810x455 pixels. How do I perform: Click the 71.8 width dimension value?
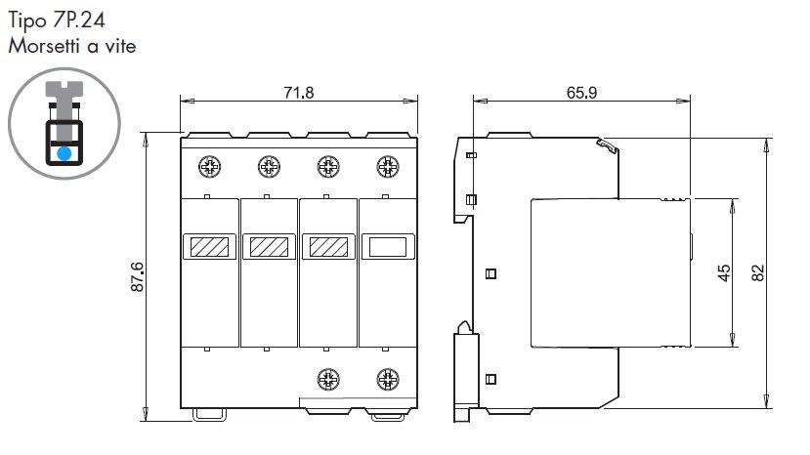(x=299, y=93)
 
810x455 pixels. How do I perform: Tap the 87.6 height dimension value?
(x=138, y=277)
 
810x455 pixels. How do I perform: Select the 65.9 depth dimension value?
(x=581, y=93)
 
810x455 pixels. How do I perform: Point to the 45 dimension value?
(x=724, y=272)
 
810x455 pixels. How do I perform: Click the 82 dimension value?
(x=757, y=272)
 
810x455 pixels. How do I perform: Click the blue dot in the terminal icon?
(x=64, y=153)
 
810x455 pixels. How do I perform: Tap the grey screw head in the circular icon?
(x=64, y=89)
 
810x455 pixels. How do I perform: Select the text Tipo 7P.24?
(x=57, y=21)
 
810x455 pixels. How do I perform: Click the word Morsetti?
(x=45, y=46)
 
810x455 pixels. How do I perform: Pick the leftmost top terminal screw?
(x=210, y=167)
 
